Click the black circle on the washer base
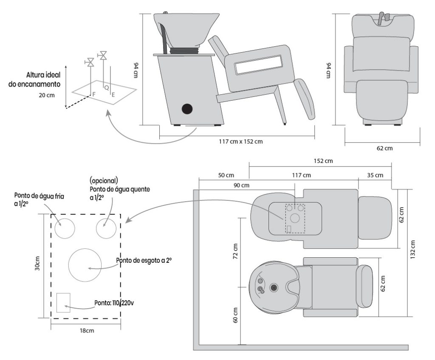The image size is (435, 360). (x=187, y=109)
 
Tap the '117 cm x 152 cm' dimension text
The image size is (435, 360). (x=237, y=141)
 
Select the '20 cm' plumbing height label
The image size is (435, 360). (x=47, y=95)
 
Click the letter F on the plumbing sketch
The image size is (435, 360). (x=94, y=93)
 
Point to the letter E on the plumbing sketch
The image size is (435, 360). (x=113, y=96)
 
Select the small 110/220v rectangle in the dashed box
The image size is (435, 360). (x=63, y=302)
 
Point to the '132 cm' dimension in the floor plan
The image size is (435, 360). (x=415, y=250)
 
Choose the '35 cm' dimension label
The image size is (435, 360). (x=375, y=175)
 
